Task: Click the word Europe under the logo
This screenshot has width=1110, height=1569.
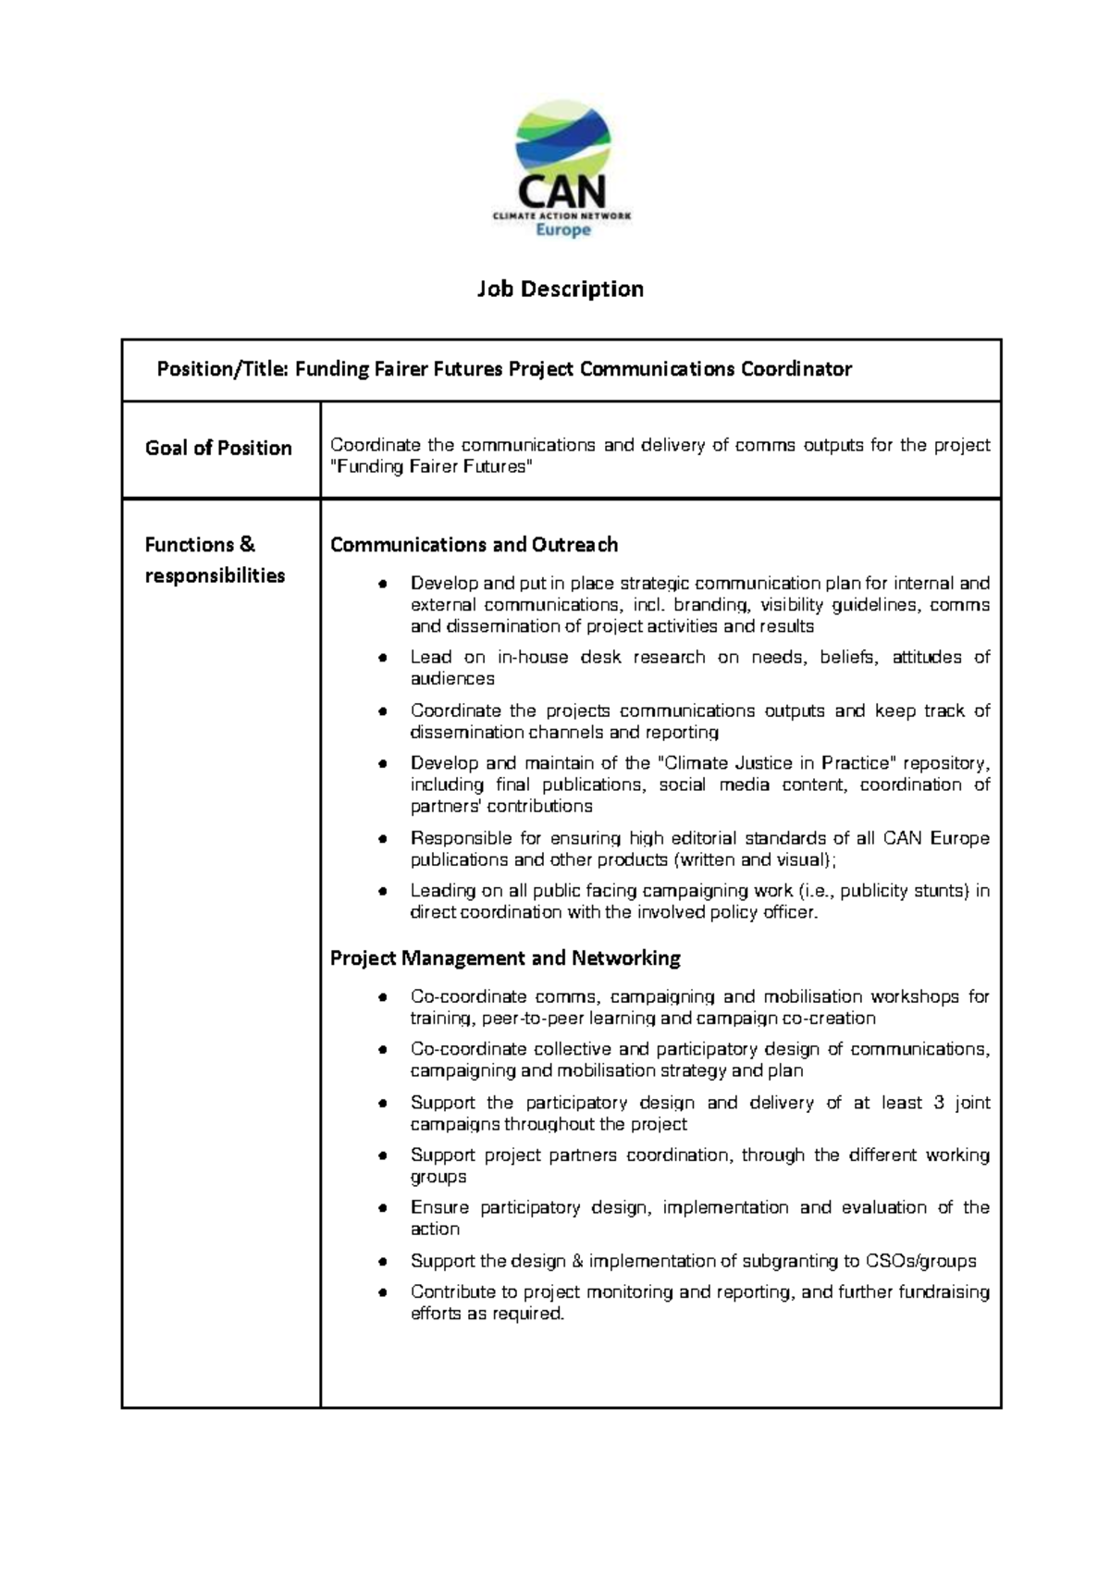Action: click(x=563, y=229)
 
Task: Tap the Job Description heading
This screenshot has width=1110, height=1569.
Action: click(x=560, y=290)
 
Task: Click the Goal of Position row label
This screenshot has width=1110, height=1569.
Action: click(x=218, y=449)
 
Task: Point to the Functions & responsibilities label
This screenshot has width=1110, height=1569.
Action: click(x=215, y=560)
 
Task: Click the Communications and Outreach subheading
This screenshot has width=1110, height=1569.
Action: click(x=474, y=545)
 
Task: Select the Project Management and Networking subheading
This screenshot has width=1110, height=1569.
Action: click(x=505, y=958)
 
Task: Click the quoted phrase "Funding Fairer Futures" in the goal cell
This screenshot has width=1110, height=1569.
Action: click(x=432, y=467)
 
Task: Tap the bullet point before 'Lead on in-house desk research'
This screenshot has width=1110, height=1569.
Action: click(x=381, y=659)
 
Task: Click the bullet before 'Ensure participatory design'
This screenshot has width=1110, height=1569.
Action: click(x=381, y=1209)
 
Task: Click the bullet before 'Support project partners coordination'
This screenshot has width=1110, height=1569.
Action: click(x=381, y=1156)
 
